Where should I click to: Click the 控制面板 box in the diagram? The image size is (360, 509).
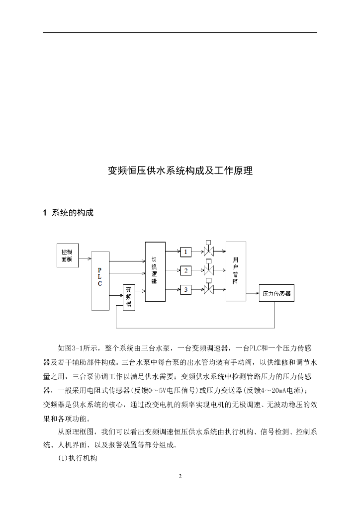[x=67, y=255]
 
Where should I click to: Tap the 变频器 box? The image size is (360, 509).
[x=129, y=297]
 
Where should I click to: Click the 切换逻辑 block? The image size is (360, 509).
[x=154, y=271]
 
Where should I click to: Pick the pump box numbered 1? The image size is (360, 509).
[x=185, y=252]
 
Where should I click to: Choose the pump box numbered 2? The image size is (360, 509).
[x=185, y=270]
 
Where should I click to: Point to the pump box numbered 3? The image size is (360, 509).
[x=185, y=289]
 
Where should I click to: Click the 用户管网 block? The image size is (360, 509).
[x=236, y=271]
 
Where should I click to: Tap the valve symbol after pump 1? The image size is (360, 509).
[x=208, y=252]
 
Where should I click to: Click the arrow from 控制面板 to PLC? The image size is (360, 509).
[x=85, y=258]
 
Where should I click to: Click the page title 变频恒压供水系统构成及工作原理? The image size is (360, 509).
[x=180, y=171]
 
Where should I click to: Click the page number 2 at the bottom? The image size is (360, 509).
[x=180, y=476]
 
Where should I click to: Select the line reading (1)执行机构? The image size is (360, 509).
[x=78, y=458]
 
